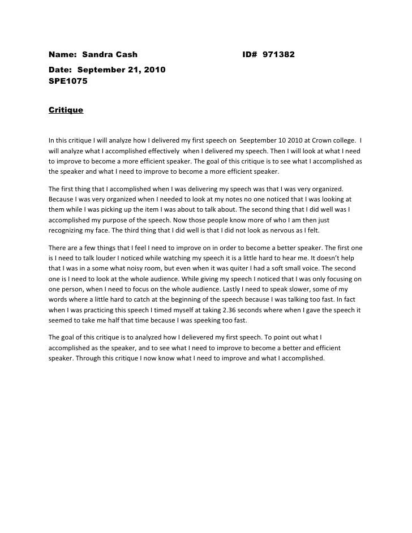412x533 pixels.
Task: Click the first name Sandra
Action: coord(97,55)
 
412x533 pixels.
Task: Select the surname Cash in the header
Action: coord(127,55)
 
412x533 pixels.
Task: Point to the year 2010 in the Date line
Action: coord(155,70)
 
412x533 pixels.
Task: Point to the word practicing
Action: coord(104,309)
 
